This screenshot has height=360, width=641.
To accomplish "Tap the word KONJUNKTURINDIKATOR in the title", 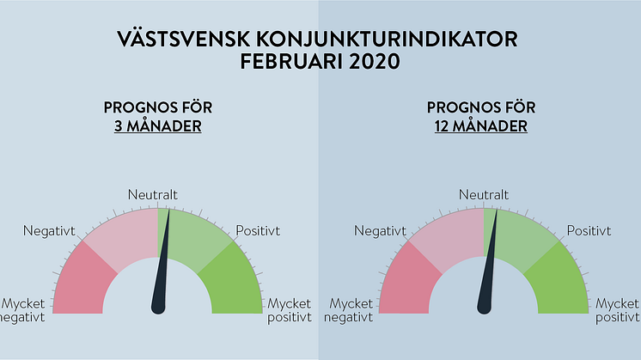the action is tap(388, 40).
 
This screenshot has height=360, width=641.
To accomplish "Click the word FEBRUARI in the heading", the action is tap(291, 61).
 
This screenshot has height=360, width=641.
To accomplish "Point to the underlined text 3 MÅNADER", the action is tap(158, 125).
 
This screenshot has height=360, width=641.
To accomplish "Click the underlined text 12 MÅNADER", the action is tap(481, 125).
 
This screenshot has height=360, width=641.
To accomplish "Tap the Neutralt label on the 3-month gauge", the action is tap(152, 194).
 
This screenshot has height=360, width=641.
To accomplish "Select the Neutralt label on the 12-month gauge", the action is tap(483, 194).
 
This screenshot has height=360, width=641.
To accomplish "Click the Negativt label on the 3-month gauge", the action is tap(49, 231).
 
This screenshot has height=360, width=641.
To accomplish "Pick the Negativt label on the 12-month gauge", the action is tap(380, 231).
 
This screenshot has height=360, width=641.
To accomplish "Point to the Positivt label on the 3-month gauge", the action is tap(258, 231).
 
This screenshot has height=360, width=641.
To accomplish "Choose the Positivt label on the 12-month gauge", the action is tap(589, 231).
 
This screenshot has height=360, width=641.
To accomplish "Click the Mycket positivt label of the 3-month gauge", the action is tap(290, 310).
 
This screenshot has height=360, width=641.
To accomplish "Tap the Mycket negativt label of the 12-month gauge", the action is tap(349, 310).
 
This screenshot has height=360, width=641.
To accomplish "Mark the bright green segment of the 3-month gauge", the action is tap(233, 282).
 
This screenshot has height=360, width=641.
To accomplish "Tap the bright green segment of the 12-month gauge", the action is tap(559, 282).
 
